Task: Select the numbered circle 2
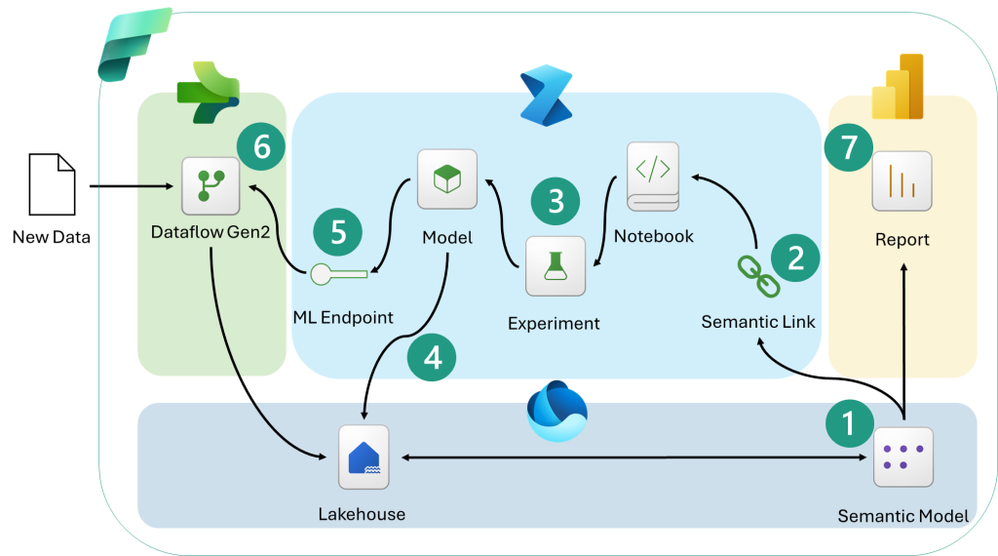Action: (795, 258)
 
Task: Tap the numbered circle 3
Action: (556, 201)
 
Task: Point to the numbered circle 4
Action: (432, 357)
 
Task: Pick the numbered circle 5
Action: (337, 233)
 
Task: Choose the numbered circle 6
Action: (261, 148)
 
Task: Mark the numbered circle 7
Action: (849, 148)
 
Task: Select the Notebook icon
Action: (653, 176)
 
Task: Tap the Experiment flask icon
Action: (556, 265)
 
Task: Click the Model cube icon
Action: (447, 179)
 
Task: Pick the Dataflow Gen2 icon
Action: (211, 185)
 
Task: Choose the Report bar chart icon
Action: (902, 181)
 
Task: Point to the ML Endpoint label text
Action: (343, 317)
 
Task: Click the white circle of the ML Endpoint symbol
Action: (322, 275)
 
